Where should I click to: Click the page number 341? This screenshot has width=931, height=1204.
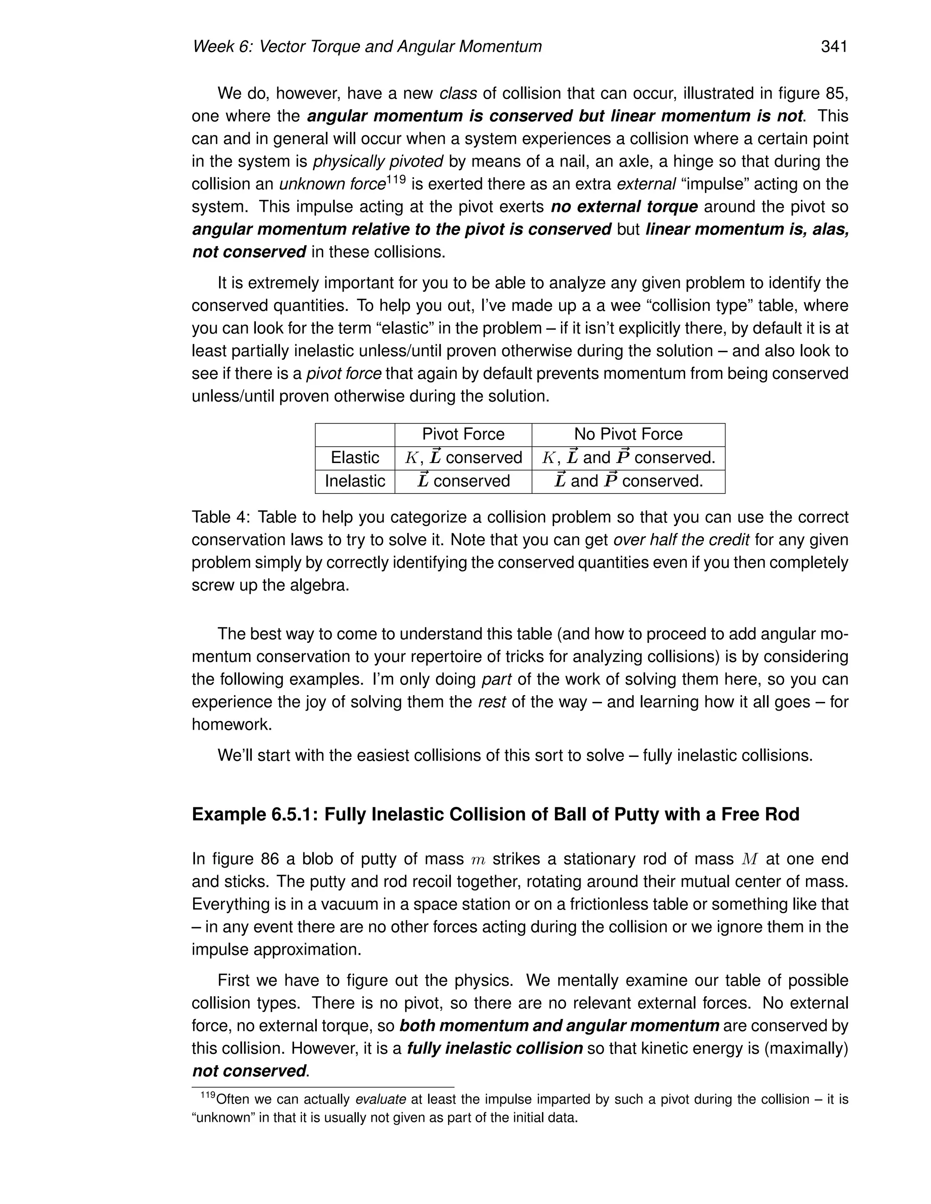833,47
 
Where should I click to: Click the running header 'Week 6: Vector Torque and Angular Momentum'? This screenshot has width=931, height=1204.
367,47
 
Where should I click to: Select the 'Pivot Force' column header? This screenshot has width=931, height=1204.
463,434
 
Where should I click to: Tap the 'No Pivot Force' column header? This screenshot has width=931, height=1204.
628,434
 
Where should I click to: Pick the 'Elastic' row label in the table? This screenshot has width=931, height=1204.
355,458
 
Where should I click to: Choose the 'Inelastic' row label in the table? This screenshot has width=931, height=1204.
355,481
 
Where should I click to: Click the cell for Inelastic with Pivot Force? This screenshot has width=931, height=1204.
463,481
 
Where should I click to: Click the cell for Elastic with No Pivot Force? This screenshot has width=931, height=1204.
628,458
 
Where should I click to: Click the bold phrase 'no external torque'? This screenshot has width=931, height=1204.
624,207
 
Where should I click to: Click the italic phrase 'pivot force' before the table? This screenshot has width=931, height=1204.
344,374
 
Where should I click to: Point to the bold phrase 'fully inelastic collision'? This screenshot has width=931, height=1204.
494,1048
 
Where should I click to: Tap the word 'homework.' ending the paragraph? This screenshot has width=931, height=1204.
232,724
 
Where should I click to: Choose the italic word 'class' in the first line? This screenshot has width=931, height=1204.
458,94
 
